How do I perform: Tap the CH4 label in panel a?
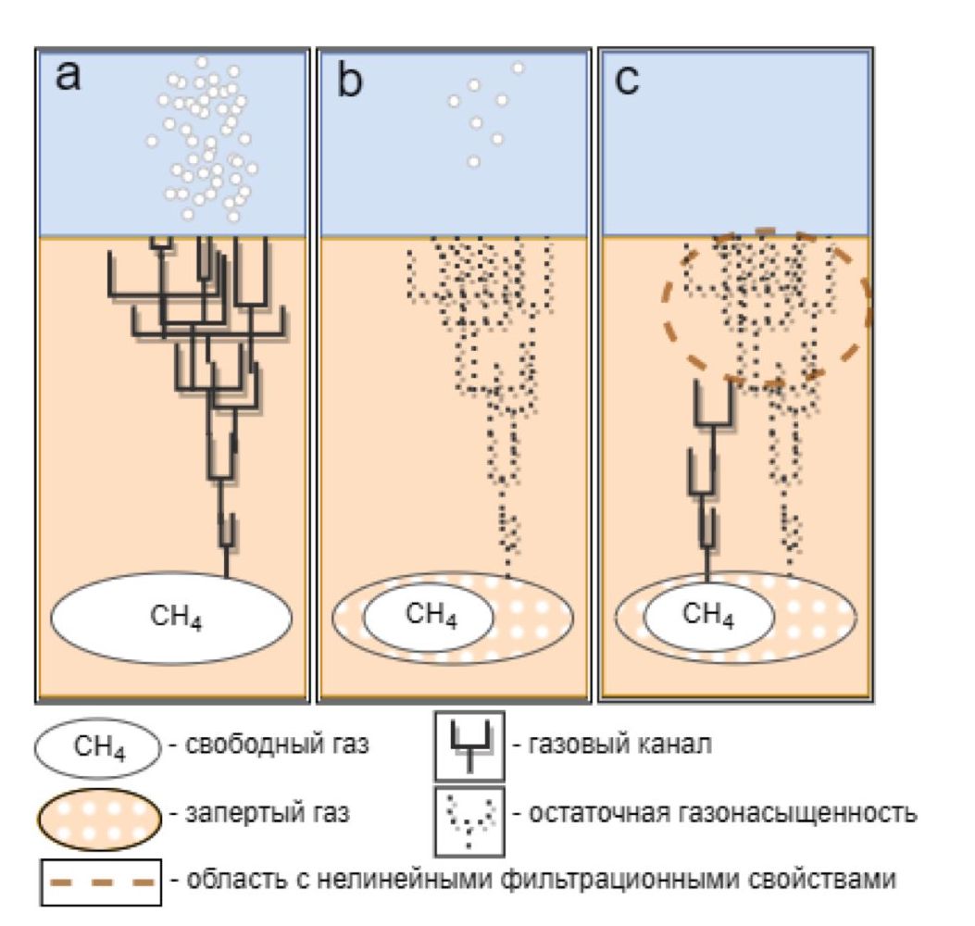[176, 618]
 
